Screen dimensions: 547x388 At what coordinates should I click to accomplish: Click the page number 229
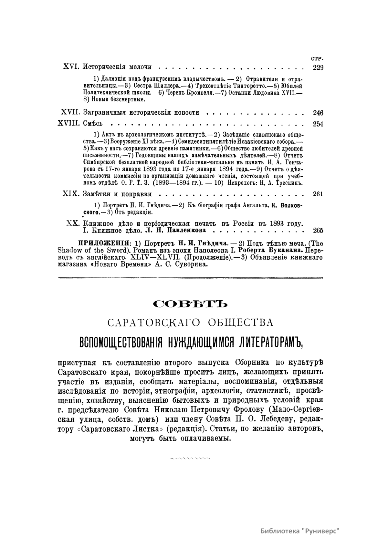point(318,67)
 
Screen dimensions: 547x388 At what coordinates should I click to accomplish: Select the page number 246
point(318,113)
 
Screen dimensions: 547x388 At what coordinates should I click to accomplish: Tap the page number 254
point(318,124)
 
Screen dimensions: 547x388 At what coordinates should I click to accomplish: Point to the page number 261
point(318,194)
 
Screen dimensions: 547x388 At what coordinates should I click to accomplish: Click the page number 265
point(318,231)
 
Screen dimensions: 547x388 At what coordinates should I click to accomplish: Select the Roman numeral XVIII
point(68,124)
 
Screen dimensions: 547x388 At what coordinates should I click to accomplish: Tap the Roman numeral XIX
point(70,194)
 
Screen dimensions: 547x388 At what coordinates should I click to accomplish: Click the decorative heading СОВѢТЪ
point(191,304)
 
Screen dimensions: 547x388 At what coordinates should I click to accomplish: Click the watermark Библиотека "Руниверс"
point(300,531)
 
